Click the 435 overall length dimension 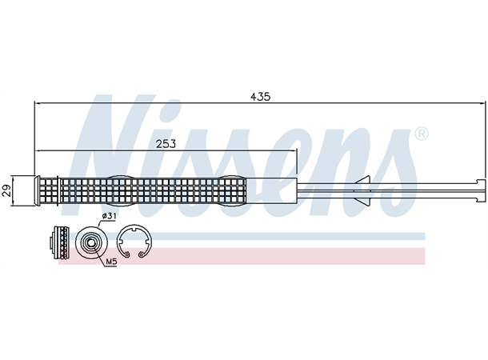260,97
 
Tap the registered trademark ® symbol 422,134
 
